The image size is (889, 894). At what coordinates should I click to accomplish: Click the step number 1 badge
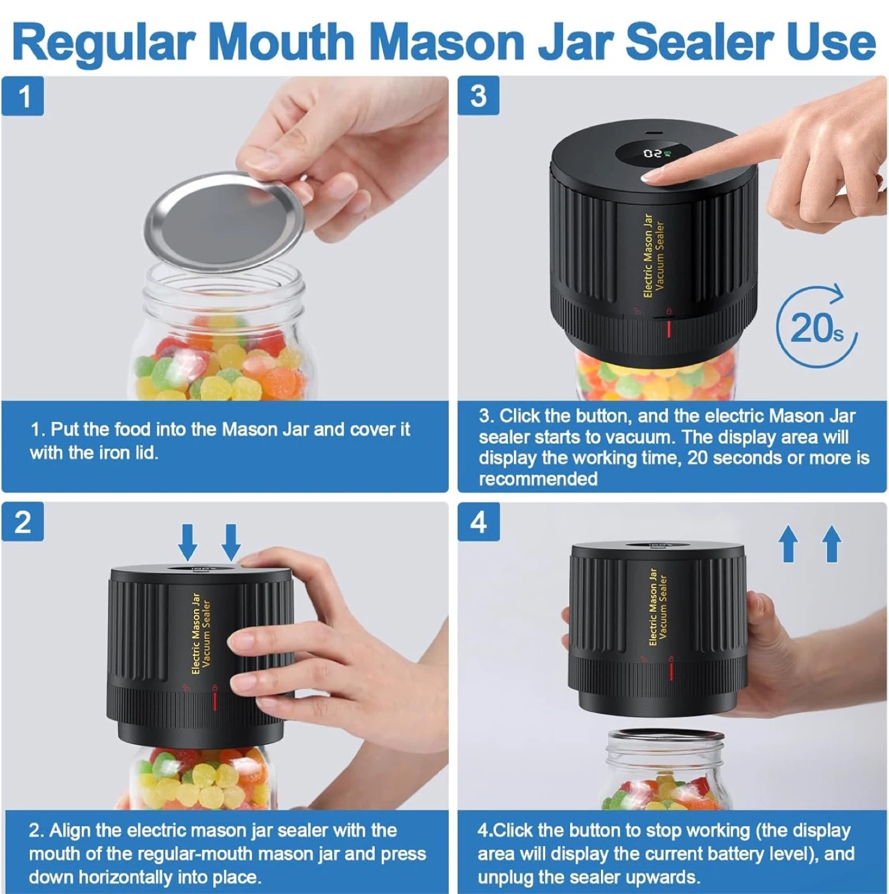pos(23,96)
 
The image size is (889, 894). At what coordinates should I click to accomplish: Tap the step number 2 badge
pos(23,522)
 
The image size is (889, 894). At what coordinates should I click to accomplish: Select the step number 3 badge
pos(479,96)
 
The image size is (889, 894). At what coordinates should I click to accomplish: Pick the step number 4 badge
pos(479,522)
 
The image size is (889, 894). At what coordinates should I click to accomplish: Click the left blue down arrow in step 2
pos(187,542)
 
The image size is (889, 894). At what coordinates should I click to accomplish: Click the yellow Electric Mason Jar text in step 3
pos(648,256)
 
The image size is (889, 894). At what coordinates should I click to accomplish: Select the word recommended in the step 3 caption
pos(538,478)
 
